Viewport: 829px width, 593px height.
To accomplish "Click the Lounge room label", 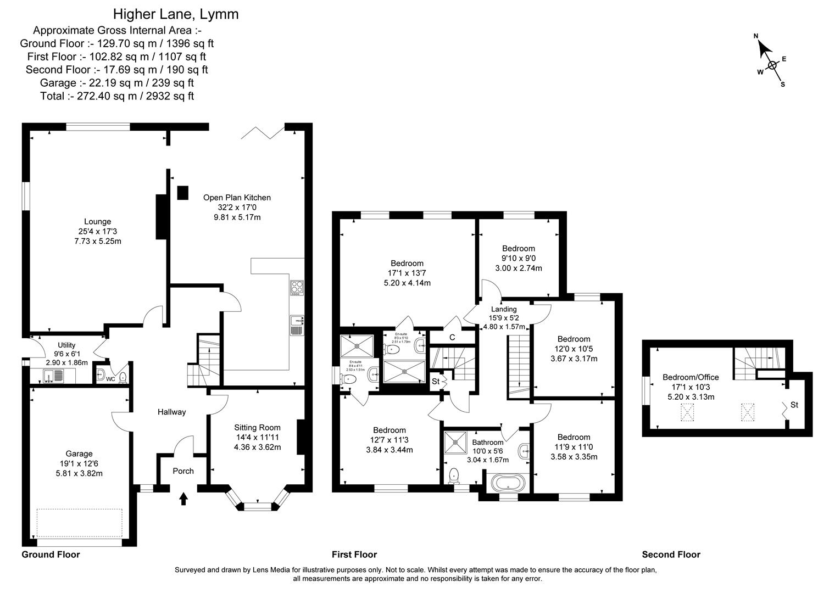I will pyautogui.click(x=97, y=222).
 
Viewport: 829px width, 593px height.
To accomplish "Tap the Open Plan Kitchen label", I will pyautogui.click(x=237, y=198).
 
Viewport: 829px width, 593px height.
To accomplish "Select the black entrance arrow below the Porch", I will pyautogui.click(x=183, y=498).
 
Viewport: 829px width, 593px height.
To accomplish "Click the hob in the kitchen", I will pyautogui.click(x=297, y=288).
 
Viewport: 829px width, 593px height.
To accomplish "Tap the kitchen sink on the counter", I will pyautogui.click(x=296, y=325).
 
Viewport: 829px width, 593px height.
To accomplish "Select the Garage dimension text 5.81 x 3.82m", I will pyautogui.click(x=79, y=473).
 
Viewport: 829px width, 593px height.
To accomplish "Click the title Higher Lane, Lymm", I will pyautogui.click(x=176, y=14).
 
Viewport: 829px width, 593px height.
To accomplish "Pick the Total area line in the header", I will pyautogui.click(x=116, y=96).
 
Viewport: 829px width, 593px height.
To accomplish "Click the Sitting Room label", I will pyautogui.click(x=257, y=427).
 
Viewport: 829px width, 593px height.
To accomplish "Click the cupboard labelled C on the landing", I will pyautogui.click(x=452, y=337).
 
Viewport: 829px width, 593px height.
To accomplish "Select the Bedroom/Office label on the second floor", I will pyautogui.click(x=691, y=377).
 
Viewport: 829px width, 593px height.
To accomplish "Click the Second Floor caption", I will pyautogui.click(x=671, y=555).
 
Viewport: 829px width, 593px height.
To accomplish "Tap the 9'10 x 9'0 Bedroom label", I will pyautogui.click(x=518, y=249).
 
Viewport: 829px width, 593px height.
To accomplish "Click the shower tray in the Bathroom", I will pyautogui.click(x=455, y=439).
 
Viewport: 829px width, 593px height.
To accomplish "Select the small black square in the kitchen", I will pyautogui.click(x=182, y=193).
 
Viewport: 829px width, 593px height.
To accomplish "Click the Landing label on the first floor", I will pyautogui.click(x=503, y=309).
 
